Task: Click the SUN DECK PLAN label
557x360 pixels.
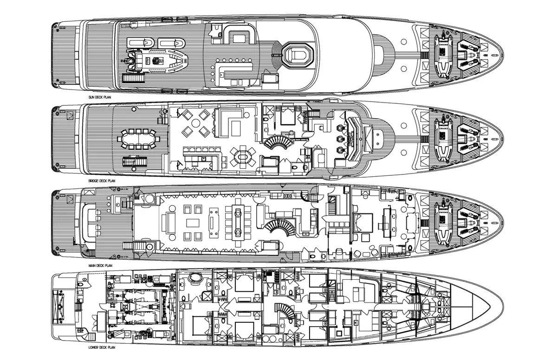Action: (x=100, y=97)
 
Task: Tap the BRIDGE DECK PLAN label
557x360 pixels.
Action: (x=102, y=181)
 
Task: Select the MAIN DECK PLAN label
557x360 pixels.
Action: (x=100, y=265)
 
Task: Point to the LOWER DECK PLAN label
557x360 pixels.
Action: (x=102, y=347)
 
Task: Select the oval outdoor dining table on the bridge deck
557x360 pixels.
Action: (x=139, y=139)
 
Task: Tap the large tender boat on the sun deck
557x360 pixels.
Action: (x=155, y=60)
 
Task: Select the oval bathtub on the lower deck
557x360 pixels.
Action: (x=196, y=277)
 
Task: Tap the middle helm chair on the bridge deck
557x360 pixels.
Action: (x=339, y=138)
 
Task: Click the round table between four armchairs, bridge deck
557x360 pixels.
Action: (x=196, y=123)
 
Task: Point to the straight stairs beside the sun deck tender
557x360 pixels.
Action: (x=134, y=78)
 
